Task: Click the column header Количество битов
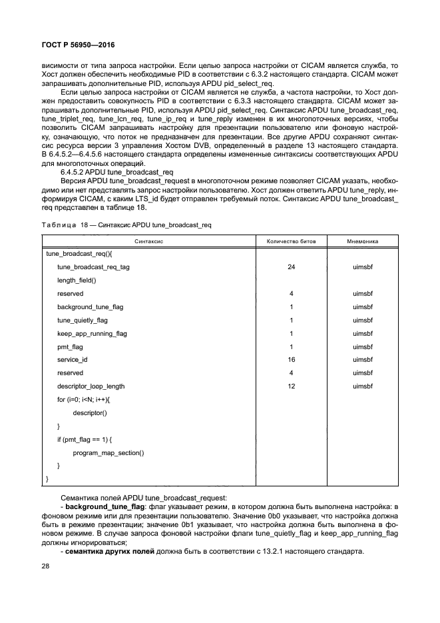click(x=292, y=241)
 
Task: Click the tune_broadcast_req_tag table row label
click(x=94, y=267)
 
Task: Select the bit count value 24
click(x=292, y=267)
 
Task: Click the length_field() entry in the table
click(x=77, y=280)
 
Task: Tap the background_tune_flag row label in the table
click(x=90, y=307)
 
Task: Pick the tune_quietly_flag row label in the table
click(x=82, y=320)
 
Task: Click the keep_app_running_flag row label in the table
click(x=91, y=333)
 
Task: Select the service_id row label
click(x=72, y=359)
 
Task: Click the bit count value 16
click(x=292, y=359)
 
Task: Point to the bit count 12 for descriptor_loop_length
click(x=292, y=386)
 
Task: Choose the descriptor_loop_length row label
click(x=91, y=386)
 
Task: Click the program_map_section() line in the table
click(x=109, y=452)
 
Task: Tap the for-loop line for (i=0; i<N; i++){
click(x=84, y=399)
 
